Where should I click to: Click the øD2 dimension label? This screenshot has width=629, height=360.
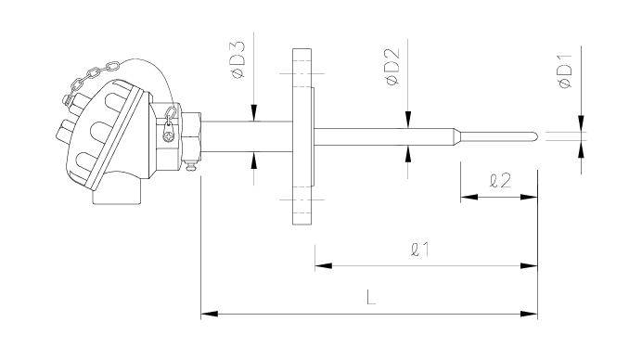click(x=392, y=66)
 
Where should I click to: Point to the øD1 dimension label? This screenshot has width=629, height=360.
click(x=565, y=71)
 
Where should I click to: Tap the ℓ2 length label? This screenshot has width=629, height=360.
click(x=501, y=181)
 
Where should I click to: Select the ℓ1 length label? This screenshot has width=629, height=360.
click(x=420, y=250)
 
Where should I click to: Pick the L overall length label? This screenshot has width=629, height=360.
click(x=371, y=298)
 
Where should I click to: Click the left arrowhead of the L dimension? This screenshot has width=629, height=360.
click(x=210, y=314)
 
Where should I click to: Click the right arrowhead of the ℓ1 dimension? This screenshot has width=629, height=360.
click(x=529, y=265)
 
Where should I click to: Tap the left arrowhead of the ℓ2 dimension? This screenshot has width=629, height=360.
click(x=469, y=197)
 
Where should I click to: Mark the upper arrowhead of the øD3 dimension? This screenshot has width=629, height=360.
click(x=253, y=113)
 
